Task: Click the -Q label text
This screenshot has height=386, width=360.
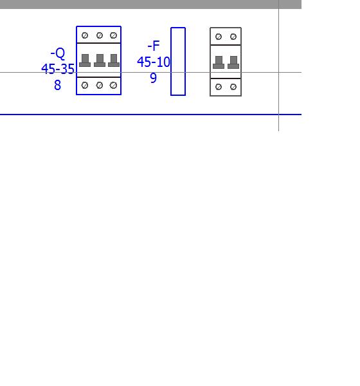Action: click(x=58, y=53)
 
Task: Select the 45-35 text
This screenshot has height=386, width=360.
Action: click(x=58, y=69)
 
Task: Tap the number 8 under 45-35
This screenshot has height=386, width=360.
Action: click(x=57, y=85)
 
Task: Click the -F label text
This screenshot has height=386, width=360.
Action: click(x=154, y=46)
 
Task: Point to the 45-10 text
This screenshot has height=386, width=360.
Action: click(x=154, y=62)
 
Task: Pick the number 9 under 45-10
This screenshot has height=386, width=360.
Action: click(x=153, y=78)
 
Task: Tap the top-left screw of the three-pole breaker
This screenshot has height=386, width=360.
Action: click(x=85, y=35)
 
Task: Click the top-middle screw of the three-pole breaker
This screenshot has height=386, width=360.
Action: click(x=100, y=35)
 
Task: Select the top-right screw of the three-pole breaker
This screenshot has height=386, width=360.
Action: click(x=113, y=35)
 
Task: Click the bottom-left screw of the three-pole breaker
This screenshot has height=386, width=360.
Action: click(x=85, y=85)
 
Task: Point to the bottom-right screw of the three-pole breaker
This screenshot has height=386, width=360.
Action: click(x=113, y=85)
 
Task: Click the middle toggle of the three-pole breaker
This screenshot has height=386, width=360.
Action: click(x=100, y=60)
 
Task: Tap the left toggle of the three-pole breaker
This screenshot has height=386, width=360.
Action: click(x=85, y=60)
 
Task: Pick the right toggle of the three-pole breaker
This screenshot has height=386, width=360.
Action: click(x=114, y=60)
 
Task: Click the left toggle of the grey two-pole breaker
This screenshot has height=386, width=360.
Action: click(x=219, y=62)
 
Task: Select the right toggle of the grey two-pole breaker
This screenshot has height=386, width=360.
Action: click(x=233, y=62)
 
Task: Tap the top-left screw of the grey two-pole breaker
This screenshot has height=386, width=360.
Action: click(x=219, y=37)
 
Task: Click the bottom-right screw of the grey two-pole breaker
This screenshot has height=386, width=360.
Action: click(x=233, y=87)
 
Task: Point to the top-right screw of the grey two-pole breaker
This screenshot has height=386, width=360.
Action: click(x=233, y=37)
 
